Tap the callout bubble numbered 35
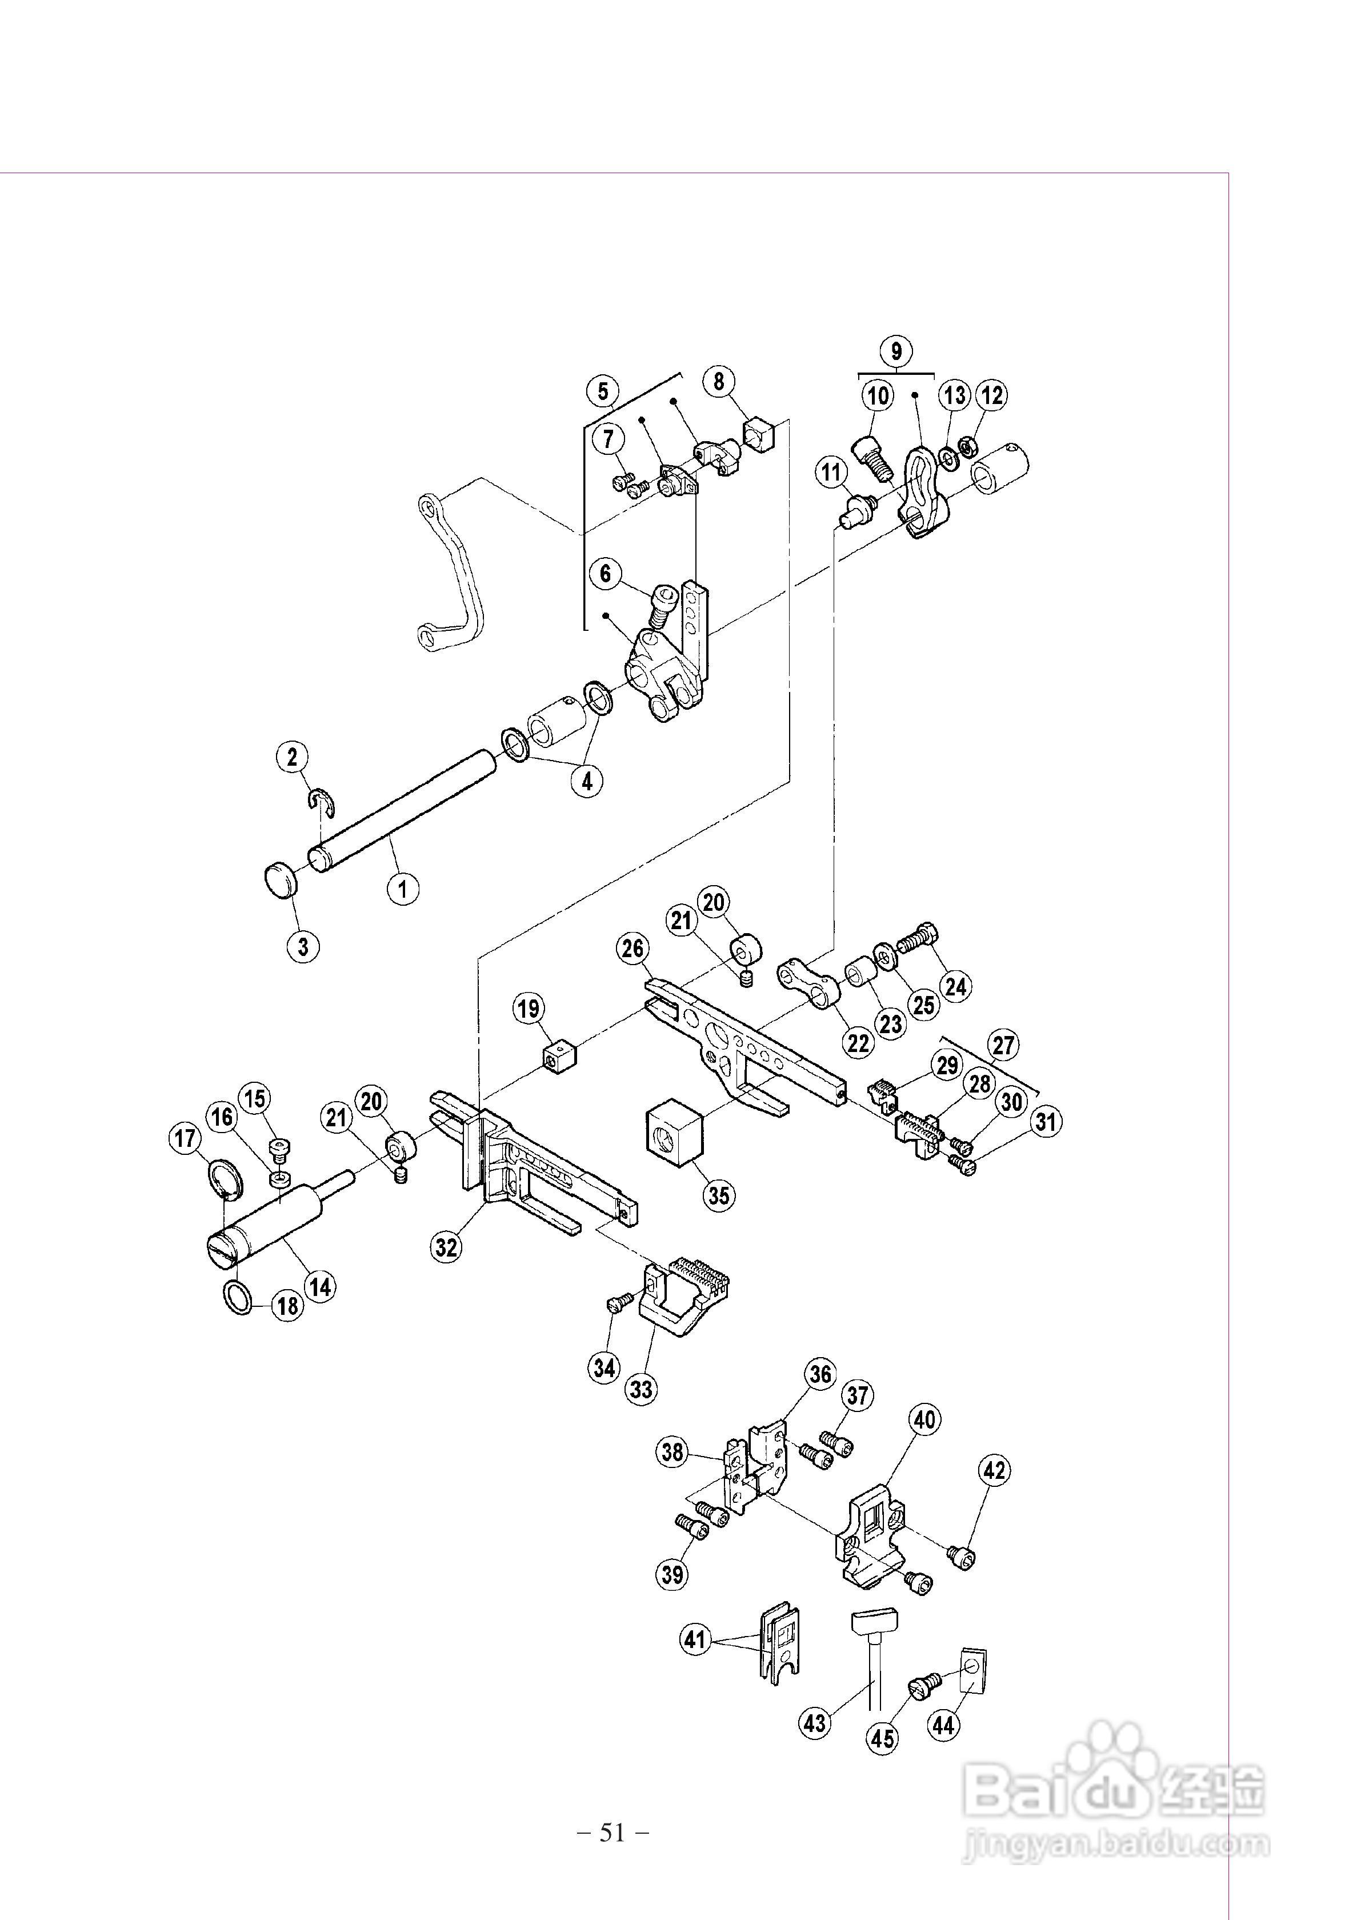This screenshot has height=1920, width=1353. [718, 1195]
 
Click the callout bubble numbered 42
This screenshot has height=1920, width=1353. [994, 1469]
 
